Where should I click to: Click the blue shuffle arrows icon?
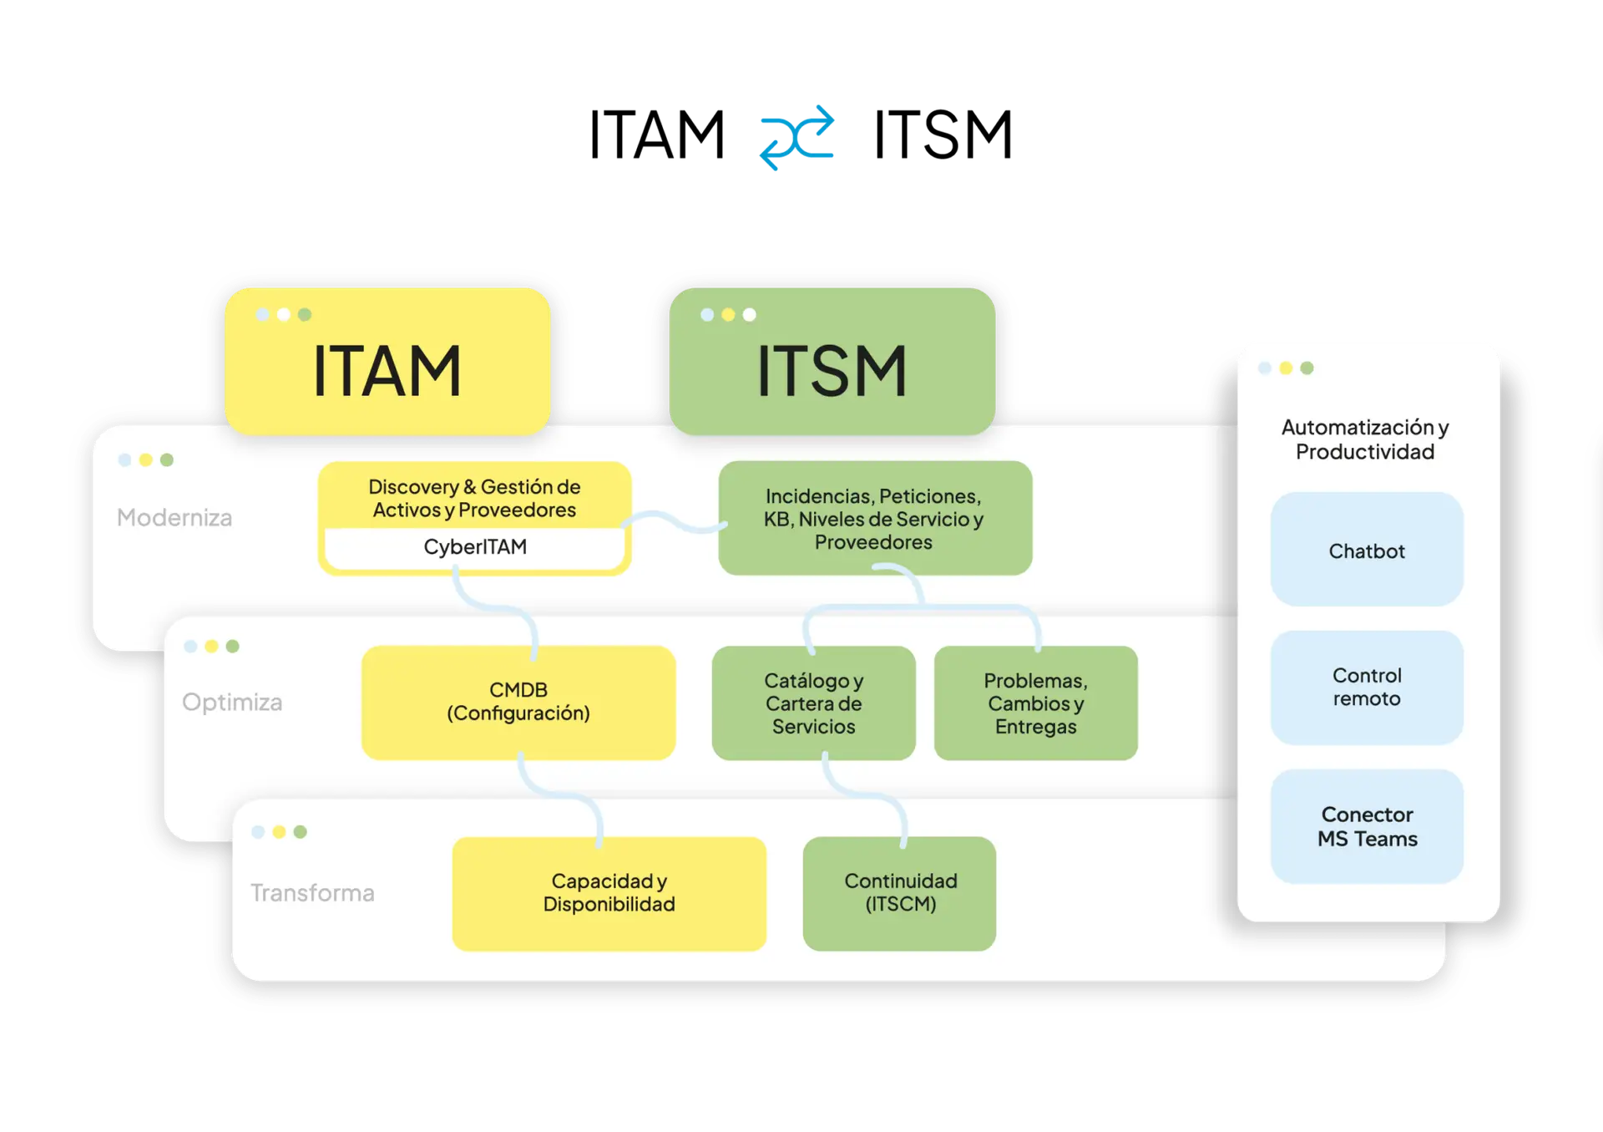pos(798,137)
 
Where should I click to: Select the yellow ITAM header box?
pos(387,361)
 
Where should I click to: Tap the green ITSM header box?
pos(832,361)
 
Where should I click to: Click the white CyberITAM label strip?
pos(474,547)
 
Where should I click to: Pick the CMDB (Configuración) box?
pos(518,702)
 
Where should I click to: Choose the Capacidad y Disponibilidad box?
pos(609,893)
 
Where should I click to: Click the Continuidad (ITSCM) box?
pos(899,893)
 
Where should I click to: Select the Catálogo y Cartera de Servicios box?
pos(813,703)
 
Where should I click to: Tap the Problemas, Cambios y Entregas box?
pos(1035,703)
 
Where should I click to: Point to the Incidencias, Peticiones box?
pos(874,518)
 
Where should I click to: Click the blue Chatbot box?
pos(1366,550)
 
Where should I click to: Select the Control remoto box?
pos(1366,688)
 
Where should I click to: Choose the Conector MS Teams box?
pos(1366,826)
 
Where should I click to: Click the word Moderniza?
pos(174,518)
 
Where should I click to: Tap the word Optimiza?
pos(232,703)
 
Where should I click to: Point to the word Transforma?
pos(312,893)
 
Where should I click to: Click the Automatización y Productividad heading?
pos(1365,439)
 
